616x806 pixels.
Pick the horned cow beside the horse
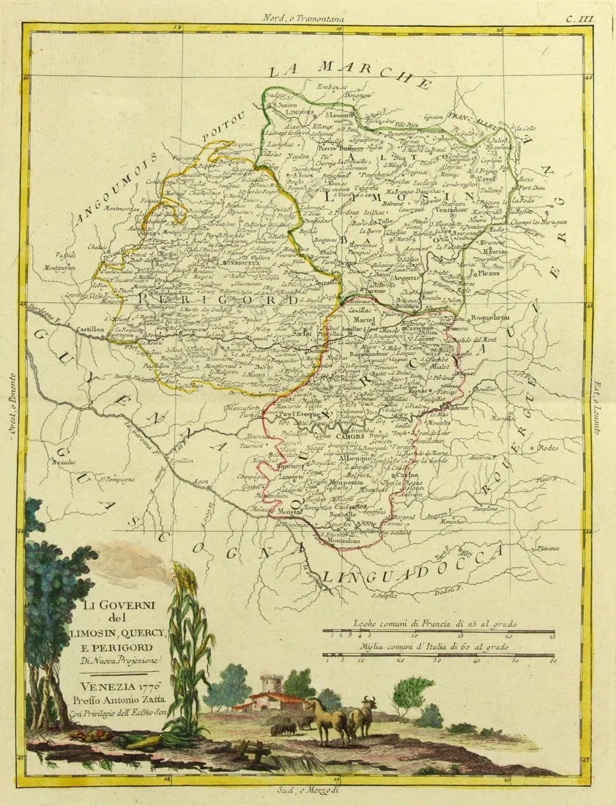pyautogui.click(x=363, y=714)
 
